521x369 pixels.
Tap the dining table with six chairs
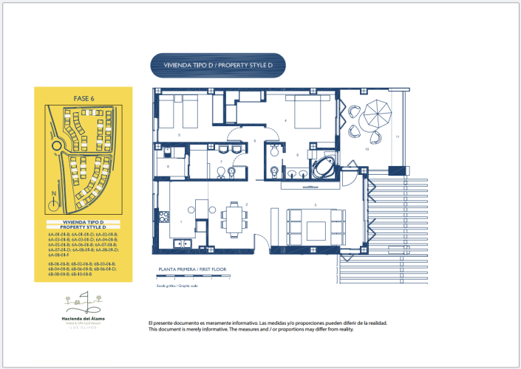click(x=234, y=219)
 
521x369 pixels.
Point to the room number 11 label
click(x=397, y=137)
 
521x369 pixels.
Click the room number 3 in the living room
click(x=316, y=204)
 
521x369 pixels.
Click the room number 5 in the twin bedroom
click(x=180, y=136)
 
